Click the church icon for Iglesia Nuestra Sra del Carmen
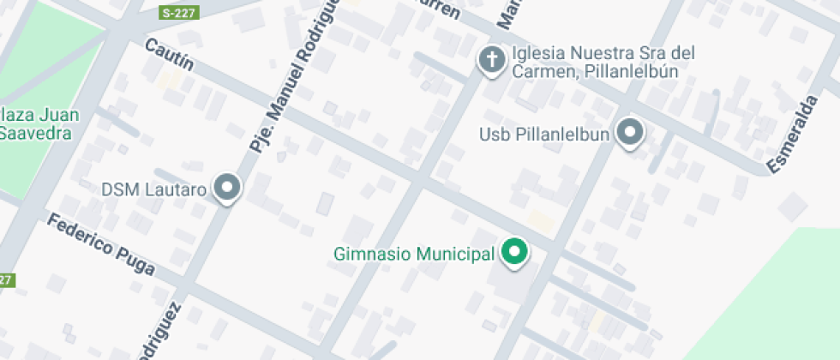[x=492, y=60]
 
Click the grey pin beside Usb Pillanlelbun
[x=631, y=133]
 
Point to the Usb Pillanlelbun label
[x=543, y=134]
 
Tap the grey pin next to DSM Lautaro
[x=227, y=187]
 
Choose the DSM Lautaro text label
[x=154, y=189]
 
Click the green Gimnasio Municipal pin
[x=514, y=252]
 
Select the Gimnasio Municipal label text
[x=414, y=254]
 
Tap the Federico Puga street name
[x=100, y=244]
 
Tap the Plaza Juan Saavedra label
[x=34, y=124]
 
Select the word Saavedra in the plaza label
[x=34, y=134]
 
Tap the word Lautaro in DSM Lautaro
[x=179, y=189]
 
